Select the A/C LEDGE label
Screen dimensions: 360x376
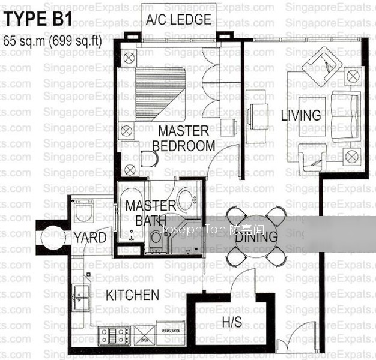178,20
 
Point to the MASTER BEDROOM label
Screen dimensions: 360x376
183,138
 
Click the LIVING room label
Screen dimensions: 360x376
301,115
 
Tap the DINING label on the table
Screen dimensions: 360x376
256,237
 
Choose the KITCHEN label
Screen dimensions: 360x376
133,295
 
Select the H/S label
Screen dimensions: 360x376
232,322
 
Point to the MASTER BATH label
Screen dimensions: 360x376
150,213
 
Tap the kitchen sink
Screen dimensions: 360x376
80,295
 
